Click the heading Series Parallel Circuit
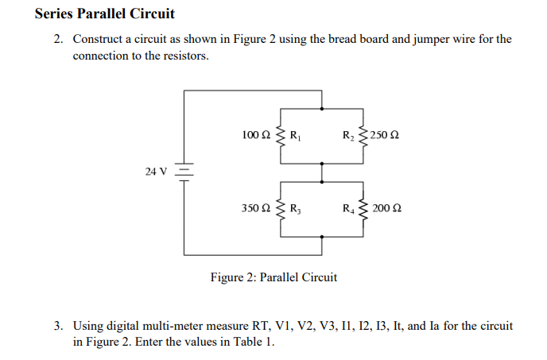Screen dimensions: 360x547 click(105, 14)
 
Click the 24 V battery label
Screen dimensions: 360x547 click(156, 171)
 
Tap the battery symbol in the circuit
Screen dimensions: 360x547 click(184, 172)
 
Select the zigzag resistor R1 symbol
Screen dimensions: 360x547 click(280, 134)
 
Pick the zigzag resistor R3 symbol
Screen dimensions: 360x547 click(280, 209)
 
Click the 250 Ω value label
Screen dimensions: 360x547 click(384, 135)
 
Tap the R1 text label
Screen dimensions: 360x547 click(293, 135)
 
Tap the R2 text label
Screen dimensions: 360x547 click(349, 135)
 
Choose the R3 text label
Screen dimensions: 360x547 click(293, 210)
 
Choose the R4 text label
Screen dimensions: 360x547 click(349, 210)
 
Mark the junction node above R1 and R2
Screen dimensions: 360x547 click(322, 108)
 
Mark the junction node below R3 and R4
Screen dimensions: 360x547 click(322, 236)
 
